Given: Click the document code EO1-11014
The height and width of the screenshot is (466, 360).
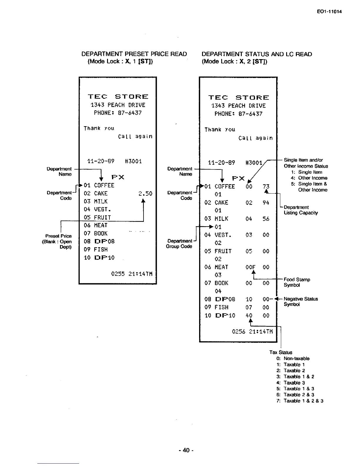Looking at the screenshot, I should point(329,12).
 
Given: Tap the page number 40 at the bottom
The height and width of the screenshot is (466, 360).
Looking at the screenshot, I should point(186,450).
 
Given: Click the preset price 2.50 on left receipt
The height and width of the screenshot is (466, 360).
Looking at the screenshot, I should point(145,194).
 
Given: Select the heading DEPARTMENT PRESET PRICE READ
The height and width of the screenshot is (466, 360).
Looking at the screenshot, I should point(134,54).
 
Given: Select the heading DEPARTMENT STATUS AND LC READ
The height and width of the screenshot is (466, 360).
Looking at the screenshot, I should point(257,54).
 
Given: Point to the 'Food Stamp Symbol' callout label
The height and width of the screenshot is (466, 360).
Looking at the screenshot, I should point(296,282).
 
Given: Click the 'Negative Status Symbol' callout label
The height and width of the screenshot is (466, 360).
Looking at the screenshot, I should point(301,302).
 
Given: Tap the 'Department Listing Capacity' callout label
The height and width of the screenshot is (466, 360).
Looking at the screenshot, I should point(301,210).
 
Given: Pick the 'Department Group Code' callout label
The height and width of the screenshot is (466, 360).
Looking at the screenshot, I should point(179,244).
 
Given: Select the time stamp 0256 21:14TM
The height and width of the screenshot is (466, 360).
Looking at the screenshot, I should point(252,332).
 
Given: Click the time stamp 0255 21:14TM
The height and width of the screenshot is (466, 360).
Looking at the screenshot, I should point(131,274).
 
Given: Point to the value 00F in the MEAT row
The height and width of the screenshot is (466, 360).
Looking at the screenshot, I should point(250,267).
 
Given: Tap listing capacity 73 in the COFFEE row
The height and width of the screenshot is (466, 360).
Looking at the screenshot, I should point(266,187).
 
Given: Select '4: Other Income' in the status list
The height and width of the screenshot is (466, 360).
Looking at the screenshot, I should point(309,178).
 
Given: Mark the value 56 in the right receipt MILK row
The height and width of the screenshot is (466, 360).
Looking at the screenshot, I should point(266,219).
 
